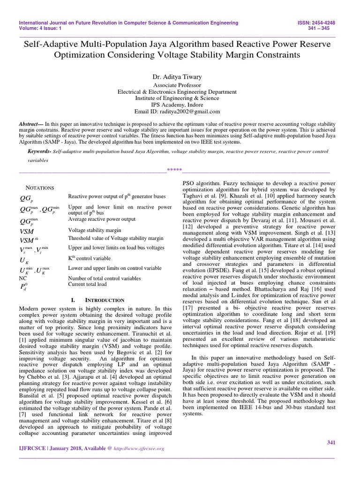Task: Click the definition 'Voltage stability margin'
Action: tap(94, 230)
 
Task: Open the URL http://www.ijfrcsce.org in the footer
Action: tap(140, 449)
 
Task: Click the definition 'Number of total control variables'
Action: tap(104, 278)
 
